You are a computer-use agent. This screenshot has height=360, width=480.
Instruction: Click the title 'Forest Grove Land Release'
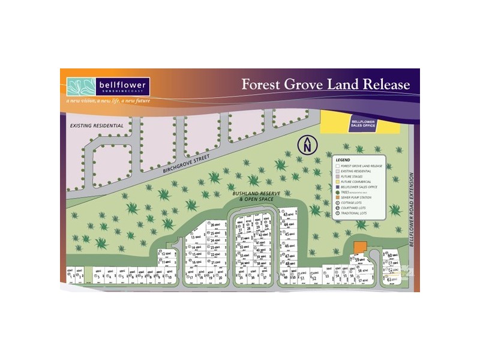(326, 84)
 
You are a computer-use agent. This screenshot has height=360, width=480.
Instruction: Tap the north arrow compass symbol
(307, 145)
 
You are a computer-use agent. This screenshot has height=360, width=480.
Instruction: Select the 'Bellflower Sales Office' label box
(363, 123)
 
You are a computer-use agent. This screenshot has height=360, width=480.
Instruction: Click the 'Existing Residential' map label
(96, 125)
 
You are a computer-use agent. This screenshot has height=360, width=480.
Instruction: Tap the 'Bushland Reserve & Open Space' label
(256, 196)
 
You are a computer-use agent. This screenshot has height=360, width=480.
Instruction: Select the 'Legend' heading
(343, 160)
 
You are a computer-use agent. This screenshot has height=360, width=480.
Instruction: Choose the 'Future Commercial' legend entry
(361, 181)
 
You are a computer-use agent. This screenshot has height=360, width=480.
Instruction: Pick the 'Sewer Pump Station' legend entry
(362, 197)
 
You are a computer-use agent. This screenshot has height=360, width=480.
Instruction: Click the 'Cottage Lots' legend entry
(359, 203)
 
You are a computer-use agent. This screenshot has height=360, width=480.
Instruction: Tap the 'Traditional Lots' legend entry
(361, 214)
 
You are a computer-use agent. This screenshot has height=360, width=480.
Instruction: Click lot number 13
(194, 238)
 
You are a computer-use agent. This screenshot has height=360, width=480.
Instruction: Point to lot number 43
(287, 215)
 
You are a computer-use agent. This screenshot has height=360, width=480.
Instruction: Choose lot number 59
(358, 260)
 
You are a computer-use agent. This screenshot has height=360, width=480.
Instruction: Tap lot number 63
(391, 280)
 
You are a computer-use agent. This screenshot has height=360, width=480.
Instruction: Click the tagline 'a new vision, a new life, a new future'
(109, 100)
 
